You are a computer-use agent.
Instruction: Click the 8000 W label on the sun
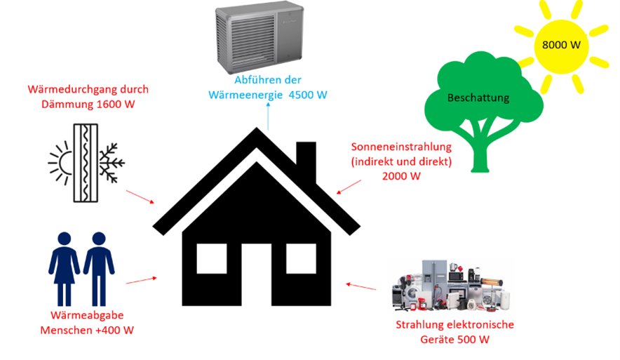[x=561, y=44]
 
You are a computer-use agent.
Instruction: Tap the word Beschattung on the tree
[x=478, y=98]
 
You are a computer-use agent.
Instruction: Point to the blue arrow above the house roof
[x=268, y=116]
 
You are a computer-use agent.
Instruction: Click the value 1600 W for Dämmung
[x=119, y=105]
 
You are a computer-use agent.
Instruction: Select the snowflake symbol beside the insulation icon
[x=111, y=164]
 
